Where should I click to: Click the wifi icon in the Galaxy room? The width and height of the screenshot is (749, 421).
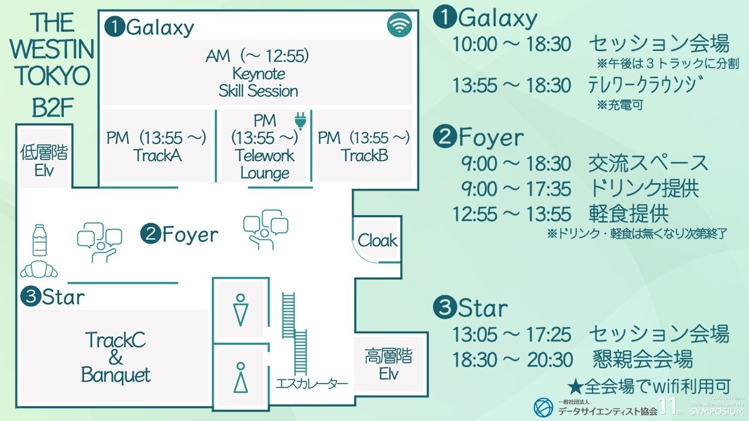tap(400, 25)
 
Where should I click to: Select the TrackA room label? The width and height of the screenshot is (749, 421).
tap(157, 155)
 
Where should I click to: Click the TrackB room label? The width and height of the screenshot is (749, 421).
tap(365, 155)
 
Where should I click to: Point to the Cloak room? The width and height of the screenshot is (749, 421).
tap(377, 240)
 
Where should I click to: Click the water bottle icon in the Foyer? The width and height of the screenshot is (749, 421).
tap(40, 240)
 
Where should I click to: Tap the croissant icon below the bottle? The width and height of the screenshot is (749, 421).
tap(39, 270)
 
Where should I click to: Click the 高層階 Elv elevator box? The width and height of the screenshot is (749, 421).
tap(388, 364)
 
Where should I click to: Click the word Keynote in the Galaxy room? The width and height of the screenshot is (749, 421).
tap(259, 74)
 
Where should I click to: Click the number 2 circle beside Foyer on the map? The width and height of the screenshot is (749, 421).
tap(150, 234)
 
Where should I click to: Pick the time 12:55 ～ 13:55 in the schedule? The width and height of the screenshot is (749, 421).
tap(511, 214)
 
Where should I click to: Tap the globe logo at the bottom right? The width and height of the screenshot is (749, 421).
tap(543, 408)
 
